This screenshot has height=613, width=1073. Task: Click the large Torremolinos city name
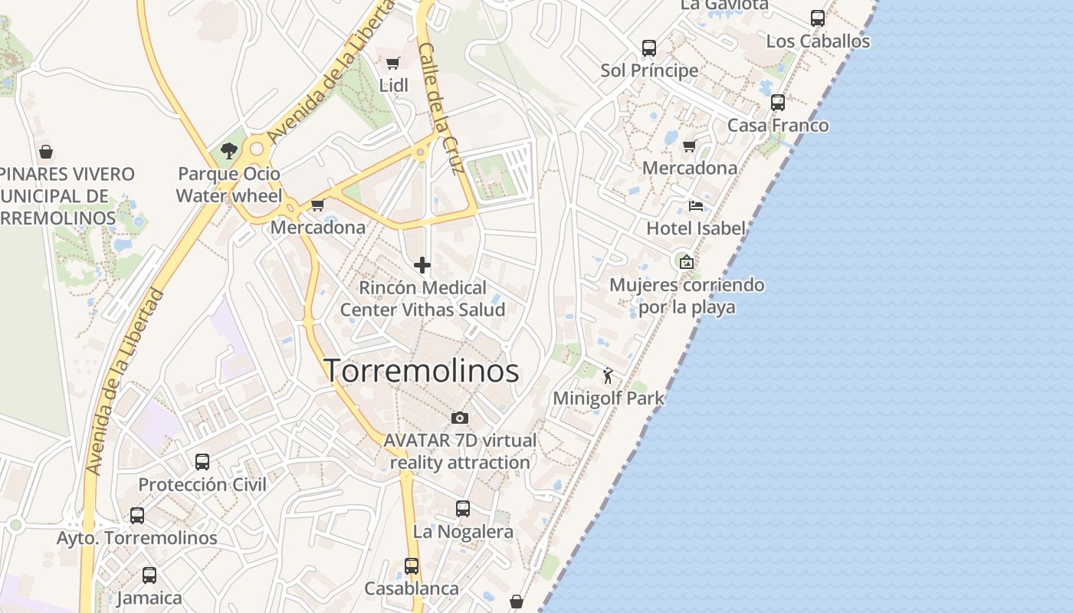(x=422, y=371)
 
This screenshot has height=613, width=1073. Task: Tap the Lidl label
(x=394, y=85)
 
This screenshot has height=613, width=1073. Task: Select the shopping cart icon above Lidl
(x=393, y=64)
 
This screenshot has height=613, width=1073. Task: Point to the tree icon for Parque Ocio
(x=228, y=151)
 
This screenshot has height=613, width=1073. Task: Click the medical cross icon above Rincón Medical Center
(x=422, y=266)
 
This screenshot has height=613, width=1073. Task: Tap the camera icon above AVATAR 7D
(x=460, y=418)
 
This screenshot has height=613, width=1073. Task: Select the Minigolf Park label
(x=609, y=398)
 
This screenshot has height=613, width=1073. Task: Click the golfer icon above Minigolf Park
(x=609, y=375)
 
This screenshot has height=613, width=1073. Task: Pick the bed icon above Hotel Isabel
(x=696, y=205)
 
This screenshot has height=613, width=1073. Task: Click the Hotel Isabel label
(x=696, y=228)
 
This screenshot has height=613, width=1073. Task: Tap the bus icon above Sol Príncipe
(x=649, y=48)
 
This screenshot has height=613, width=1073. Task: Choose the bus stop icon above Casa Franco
(x=778, y=103)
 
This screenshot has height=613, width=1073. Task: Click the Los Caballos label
(x=818, y=41)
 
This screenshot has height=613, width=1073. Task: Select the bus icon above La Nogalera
(x=463, y=509)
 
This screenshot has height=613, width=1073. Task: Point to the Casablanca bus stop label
(x=412, y=588)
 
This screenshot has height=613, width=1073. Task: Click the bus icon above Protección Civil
(x=202, y=462)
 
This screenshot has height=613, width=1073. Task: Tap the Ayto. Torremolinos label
(x=137, y=538)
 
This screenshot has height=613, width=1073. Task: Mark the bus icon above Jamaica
(x=149, y=575)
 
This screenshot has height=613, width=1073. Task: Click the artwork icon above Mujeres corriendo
(x=687, y=262)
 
